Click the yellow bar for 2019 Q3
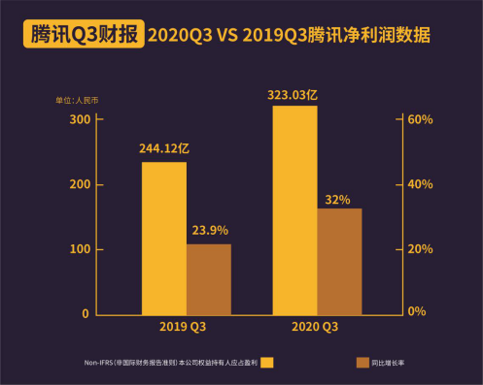pos(164,238)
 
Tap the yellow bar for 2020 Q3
pos(294,209)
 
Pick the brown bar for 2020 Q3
pos(339,261)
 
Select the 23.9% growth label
pos(209,231)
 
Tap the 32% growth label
pos(338,199)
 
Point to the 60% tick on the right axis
pos(419,119)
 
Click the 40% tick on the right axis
pos(419,184)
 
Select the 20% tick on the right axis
pos(419,249)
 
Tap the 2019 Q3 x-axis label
pos(186,327)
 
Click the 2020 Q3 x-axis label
pos(315,327)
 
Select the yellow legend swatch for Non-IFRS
pos(267,363)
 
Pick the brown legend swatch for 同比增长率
pos(363,363)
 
